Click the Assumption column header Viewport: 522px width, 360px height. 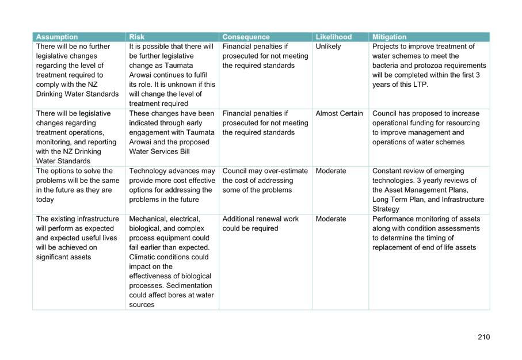(56, 37)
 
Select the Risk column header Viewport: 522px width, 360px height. (137, 37)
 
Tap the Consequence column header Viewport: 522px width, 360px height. (246, 37)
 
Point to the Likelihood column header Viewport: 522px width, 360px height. (333, 37)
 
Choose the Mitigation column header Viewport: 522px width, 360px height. (389, 37)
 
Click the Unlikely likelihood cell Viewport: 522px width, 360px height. (328, 47)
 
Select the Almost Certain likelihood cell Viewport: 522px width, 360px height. (339, 113)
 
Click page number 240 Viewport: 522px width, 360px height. (483, 337)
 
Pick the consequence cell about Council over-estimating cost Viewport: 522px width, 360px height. (265, 181)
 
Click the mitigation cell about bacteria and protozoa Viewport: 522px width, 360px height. (428, 66)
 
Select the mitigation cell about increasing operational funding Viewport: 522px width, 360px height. (426, 128)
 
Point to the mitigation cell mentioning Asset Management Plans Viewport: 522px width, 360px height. (428, 190)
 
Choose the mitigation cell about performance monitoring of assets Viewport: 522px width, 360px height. (426, 233)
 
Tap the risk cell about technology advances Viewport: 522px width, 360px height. (172, 185)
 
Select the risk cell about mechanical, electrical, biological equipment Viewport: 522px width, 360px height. (172, 262)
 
